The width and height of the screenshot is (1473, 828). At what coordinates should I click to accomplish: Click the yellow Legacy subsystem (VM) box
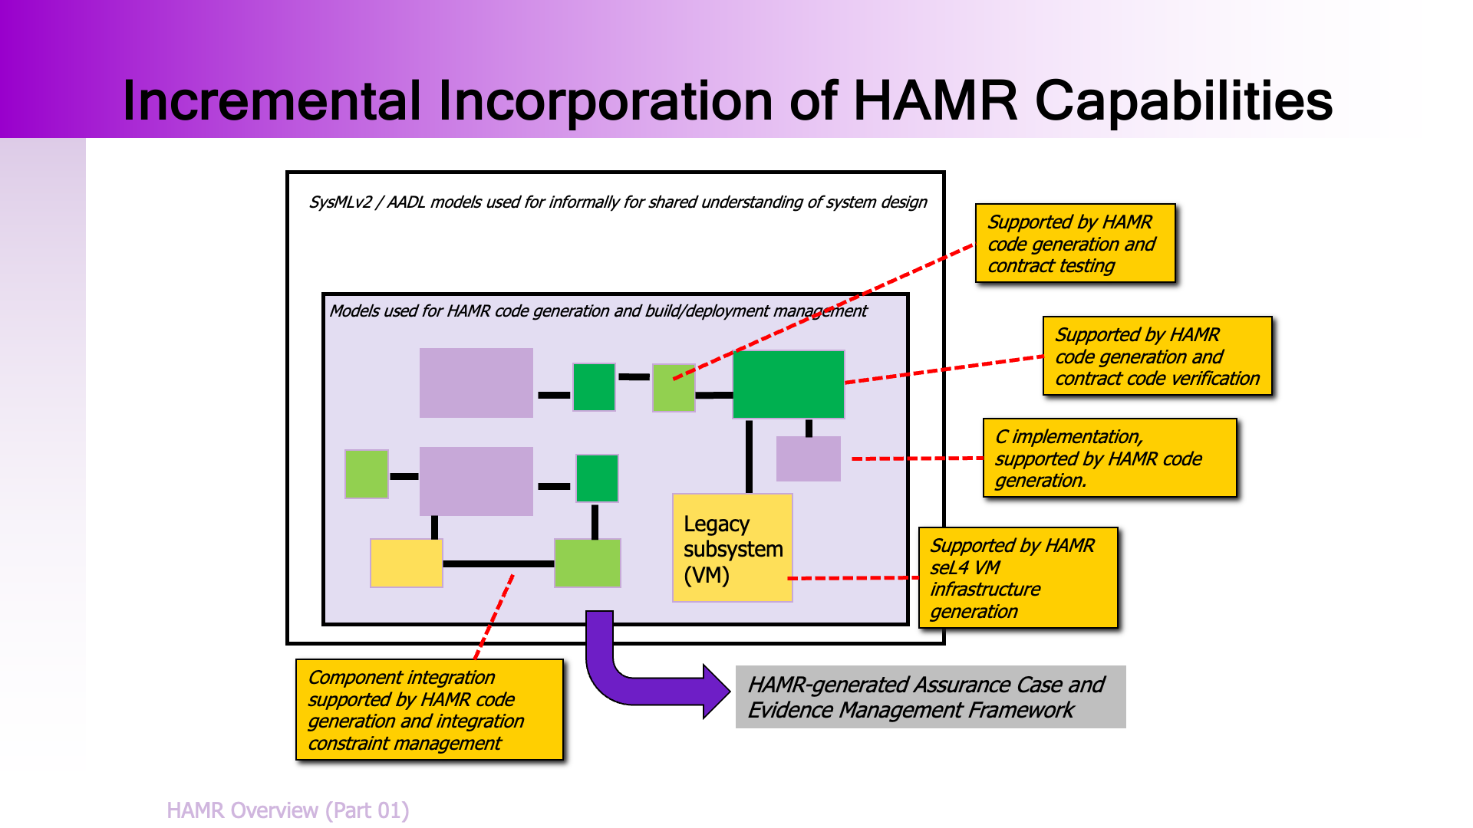[x=732, y=547]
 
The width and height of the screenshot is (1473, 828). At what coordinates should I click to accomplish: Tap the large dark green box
[x=789, y=384]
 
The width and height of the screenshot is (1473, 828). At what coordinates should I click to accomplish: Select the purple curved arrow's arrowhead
[x=717, y=692]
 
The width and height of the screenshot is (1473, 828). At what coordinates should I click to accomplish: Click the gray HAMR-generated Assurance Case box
[x=930, y=697]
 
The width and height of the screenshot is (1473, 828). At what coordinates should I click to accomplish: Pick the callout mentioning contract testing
[x=1075, y=244]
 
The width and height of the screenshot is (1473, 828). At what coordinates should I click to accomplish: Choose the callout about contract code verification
[x=1157, y=356]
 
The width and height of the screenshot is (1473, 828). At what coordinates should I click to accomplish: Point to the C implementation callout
[x=1109, y=458]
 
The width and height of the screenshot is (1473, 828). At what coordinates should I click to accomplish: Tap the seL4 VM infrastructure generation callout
[x=1018, y=578]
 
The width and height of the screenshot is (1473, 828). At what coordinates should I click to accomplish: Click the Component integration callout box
[x=430, y=710]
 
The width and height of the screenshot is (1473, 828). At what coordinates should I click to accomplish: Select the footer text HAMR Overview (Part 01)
[x=288, y=810]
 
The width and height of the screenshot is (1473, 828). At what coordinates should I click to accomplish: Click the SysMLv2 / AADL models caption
[x=618, y=202]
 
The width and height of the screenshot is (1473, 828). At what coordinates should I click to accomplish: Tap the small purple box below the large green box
[x=809, y=458]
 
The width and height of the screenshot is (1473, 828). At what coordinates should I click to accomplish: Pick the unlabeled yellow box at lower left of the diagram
[x=406, y=563]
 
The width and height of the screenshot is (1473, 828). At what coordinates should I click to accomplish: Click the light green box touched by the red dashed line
[x=674, y=388]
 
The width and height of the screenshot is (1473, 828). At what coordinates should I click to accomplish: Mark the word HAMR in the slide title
[x=935, y=101]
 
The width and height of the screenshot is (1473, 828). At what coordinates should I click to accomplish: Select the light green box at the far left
[x=367, y=475]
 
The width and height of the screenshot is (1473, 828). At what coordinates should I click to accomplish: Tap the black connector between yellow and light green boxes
[x=499, y=563]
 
